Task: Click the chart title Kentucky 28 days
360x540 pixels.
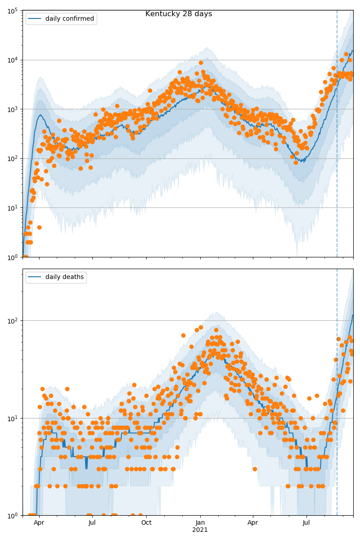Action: pos(179,14)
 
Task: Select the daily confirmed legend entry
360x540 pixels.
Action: pos(69,19)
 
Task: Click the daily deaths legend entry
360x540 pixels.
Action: pos(64,277)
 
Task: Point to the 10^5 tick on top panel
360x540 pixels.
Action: pos(13,10)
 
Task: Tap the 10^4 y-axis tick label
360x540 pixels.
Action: pos(13,60)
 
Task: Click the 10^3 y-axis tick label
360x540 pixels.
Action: pos(13,109)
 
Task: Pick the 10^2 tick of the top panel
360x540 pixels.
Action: pos(13,158)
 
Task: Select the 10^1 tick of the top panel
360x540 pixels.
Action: pos(13,207)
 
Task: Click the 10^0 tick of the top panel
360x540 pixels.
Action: pos(13,257)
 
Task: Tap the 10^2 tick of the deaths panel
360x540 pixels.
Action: pos(13,320)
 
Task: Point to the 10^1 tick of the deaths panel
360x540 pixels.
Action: pos(13,418)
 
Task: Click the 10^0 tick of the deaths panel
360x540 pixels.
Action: pos(13,515)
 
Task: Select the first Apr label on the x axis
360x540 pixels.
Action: pos(39,523)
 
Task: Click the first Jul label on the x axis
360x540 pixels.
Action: pos(92,523)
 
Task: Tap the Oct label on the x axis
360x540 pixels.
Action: pos(146,523)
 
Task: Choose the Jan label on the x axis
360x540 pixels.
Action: pos(200,523)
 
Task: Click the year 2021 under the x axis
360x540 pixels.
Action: pos(200,530)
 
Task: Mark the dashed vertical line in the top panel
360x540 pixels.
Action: pos(337,135)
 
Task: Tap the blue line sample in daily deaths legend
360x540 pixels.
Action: pos(35,277)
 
